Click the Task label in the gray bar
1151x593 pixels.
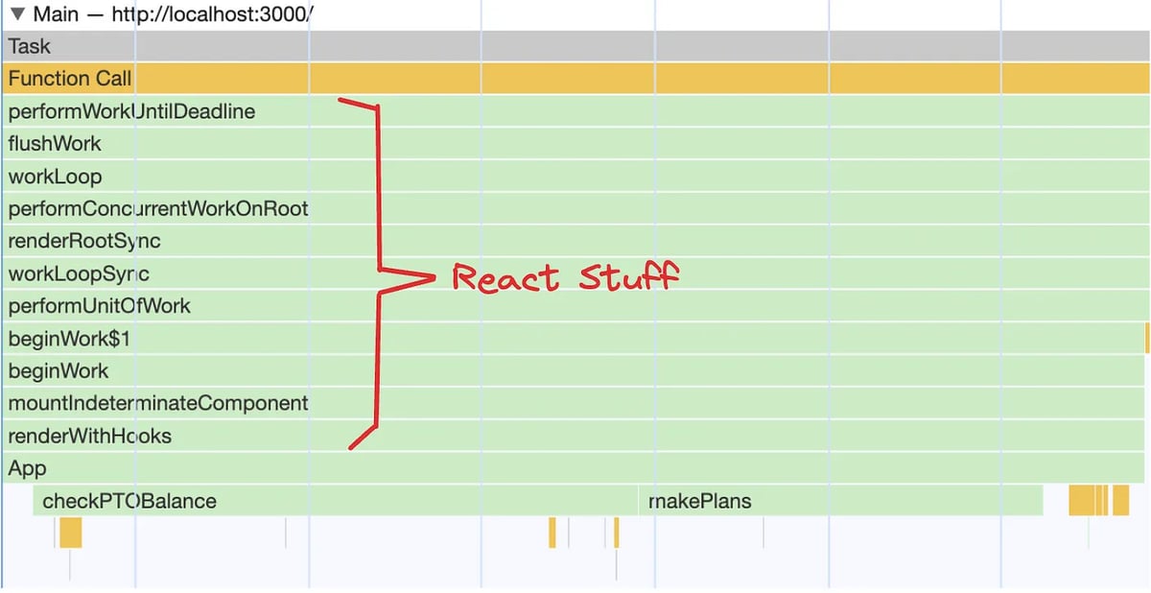[x=30, y=46]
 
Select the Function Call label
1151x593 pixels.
[x=70, y=79]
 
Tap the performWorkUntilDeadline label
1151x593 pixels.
[x=131, y=111]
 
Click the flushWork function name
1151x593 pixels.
[x=55, y=144]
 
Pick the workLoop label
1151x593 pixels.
[x=55, y=178]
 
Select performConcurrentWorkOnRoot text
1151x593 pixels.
[x=158, y=208]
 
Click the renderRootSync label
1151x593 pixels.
[x=84, y=241]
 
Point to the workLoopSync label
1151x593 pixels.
[x=79, y=274]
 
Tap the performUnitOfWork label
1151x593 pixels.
[x=99, y=306]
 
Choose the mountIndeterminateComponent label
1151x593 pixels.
[x=158, y=403]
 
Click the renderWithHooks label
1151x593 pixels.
[x=89, y=437]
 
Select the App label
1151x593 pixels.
[x=27, y=469]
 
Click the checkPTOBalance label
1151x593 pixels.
[x=129, y=501]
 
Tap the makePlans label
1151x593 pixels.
[x=700, y=501]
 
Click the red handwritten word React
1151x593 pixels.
[x=505, y=279]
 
